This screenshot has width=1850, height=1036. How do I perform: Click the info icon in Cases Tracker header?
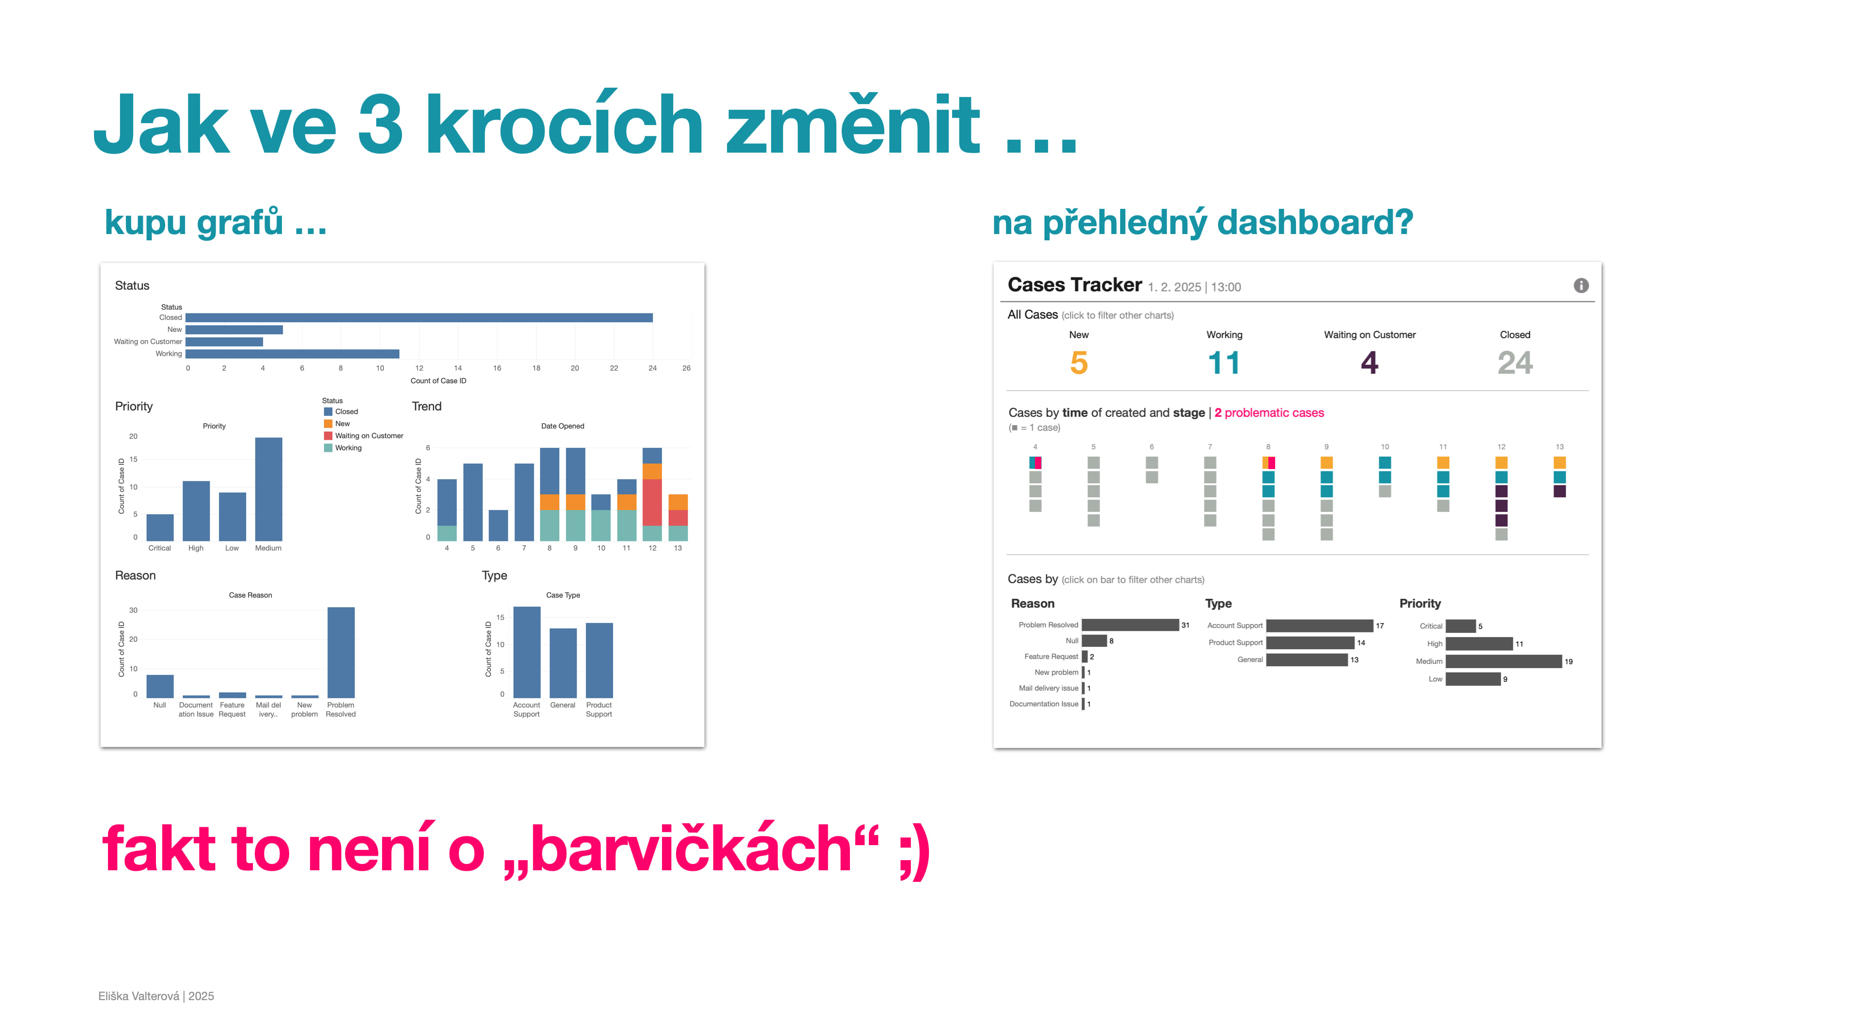(x=1581, y=285)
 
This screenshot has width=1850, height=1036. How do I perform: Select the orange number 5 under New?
(x=1079, y=363)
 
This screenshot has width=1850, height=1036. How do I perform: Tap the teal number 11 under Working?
(x=1224, y=363)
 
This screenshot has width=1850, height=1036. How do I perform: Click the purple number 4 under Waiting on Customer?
(x=1370, y=363)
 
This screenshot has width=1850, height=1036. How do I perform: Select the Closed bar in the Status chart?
(x=419, y=317)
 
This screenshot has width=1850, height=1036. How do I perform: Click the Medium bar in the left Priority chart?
(x=269, y=489)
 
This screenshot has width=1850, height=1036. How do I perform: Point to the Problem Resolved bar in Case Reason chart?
(x=341, y=652)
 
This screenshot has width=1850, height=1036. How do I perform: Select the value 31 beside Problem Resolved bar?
(x=1186, y=625)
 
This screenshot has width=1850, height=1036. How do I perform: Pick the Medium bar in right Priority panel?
(x=1504, y=661)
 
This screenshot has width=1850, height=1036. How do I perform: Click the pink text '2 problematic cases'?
(x=1269, y=412)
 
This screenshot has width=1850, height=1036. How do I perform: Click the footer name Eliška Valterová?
(x=139, y=996)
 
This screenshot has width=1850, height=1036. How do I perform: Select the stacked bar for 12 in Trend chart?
(x=652, y=494)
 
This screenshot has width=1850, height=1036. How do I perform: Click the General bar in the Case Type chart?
(x=563, y=663)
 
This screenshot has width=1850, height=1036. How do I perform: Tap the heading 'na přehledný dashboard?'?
(x=1203, y=223)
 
